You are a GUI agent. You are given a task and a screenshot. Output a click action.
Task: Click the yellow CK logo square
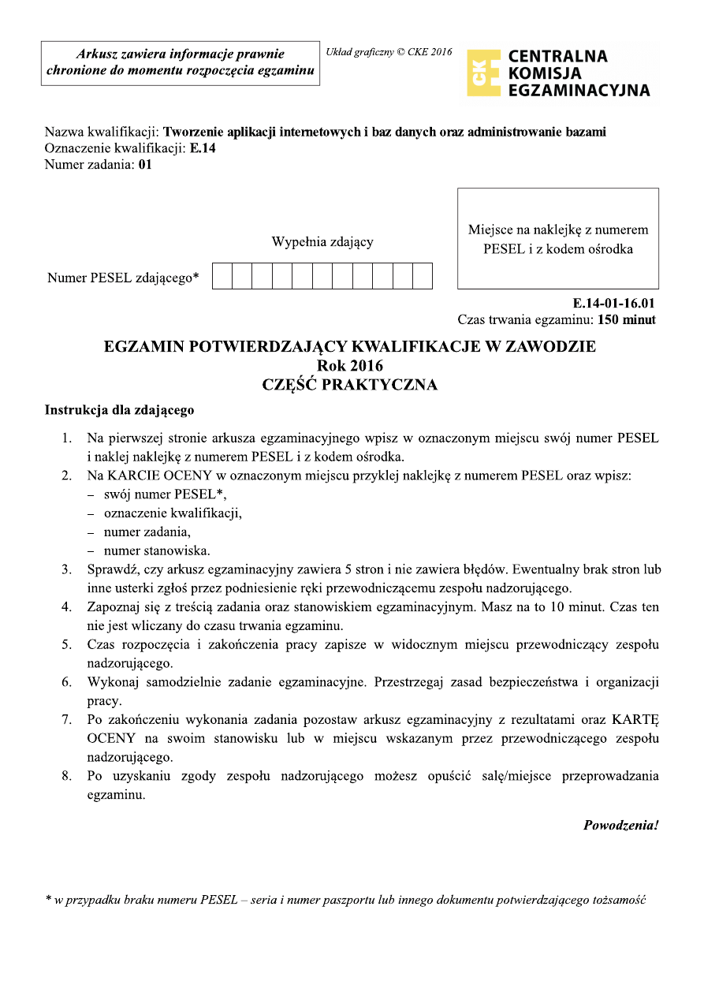click(x=483, y=73)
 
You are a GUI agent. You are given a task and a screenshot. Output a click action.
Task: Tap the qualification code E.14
click(x=203, y=148)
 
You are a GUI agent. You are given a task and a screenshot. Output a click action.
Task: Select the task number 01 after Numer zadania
click(x=144, y=165)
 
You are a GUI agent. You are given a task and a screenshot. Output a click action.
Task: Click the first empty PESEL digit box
click(x=222, y=276)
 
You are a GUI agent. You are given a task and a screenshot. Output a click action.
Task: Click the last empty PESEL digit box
click(x=423, y=276)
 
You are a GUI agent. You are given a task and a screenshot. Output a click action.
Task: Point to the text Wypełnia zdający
click(x=322, y=242)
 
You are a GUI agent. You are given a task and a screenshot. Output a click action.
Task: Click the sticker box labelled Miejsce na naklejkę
click(x=557, y=239)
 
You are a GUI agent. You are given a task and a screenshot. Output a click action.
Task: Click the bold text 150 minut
click(x=627, y=320)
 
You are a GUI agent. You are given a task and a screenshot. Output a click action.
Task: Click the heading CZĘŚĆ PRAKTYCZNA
click(x=349, y=385)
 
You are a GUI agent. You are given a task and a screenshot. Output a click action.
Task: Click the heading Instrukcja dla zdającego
click(x=119, y=410)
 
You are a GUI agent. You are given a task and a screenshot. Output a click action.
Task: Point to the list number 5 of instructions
click(x=67, y=645)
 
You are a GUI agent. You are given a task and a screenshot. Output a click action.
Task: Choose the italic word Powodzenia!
click(x=620, y=826)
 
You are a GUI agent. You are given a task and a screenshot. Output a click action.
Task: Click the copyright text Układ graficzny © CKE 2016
click(x=389, y=53)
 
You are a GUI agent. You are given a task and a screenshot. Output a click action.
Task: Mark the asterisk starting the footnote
click(x=48, y=899)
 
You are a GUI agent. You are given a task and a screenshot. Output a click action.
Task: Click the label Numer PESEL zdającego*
click(x=123, y=278)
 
